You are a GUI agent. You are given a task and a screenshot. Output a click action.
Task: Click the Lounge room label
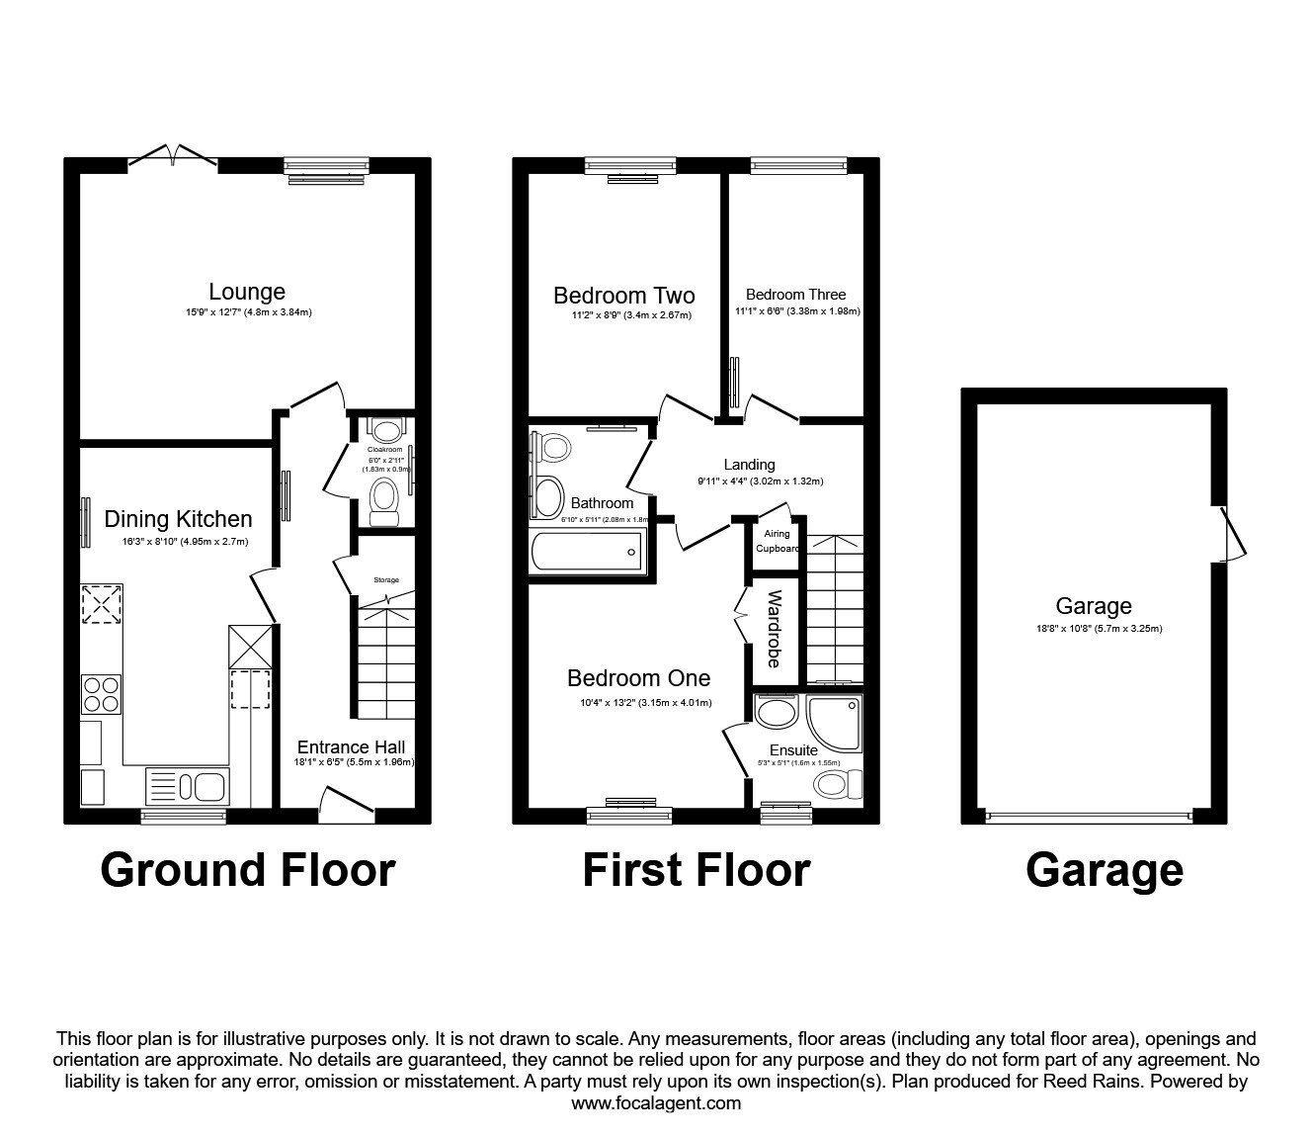click(x=247, y=292)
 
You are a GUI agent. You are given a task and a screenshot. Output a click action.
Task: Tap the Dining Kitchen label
click(x=178, y=519)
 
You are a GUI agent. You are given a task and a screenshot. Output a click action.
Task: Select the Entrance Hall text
click(x=351, y=747)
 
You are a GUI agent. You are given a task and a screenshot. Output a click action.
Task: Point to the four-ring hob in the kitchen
click(x=102, y=693)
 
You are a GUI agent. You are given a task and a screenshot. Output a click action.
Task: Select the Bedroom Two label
click(x=623, y=296)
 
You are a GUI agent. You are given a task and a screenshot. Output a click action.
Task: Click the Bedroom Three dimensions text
click(x=796, y=310)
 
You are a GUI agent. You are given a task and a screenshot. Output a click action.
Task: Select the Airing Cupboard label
click(x=778, y=541)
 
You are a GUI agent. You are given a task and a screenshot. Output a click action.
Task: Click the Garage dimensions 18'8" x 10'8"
click(x=1093, y=628)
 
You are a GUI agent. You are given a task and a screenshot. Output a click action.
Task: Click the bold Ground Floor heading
click(x=247, y=870)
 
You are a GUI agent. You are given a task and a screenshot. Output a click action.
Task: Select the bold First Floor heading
click(x=696, y=870)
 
